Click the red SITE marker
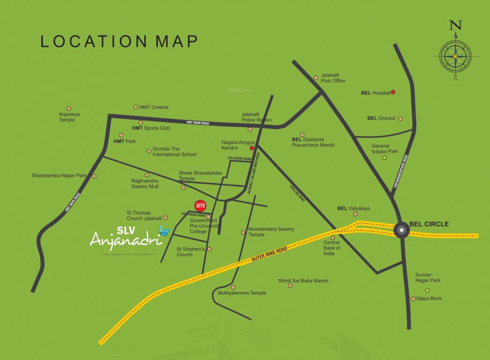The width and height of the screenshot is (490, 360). coord(200,205)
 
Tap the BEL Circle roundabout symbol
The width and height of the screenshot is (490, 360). coord(401,230)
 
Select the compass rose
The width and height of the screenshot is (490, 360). coord(455,56)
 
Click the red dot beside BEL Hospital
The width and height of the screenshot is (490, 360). coord(393,92)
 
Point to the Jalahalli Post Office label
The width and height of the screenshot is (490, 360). coord(333,78)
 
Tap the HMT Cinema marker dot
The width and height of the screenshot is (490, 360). coord(136,107)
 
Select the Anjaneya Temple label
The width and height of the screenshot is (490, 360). coord(69,117)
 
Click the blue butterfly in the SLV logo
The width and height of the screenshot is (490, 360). coord(164,230)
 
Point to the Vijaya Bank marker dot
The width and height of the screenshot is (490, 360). coord(413,299)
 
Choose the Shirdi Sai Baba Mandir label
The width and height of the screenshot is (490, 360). coord(304,280)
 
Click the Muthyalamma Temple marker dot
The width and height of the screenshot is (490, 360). coord(233,287)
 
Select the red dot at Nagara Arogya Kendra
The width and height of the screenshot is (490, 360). coord(252,148)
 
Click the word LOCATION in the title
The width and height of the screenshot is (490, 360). coord(87,41)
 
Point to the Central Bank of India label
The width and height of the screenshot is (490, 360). coord(332,248)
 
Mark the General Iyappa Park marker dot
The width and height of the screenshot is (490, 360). coord(385,158)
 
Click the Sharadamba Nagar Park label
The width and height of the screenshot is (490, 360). coord(59,176)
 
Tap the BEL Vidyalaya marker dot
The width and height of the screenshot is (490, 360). coord(355,214)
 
